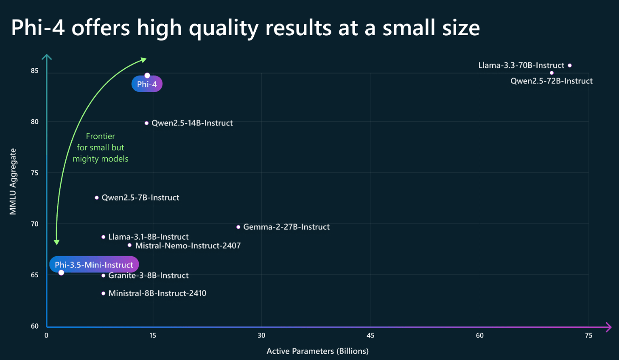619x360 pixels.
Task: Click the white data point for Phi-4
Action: coord(147,75)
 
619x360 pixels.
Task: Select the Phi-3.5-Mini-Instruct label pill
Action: coord(94,265)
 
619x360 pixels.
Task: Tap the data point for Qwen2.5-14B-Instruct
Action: coord(147,123)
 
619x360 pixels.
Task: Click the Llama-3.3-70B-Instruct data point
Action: coord(570,65)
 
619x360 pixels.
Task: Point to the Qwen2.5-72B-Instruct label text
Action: coord(551,81)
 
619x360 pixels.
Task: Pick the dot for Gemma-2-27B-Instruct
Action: coord(238,227)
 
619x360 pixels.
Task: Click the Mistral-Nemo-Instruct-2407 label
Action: coord(188,246)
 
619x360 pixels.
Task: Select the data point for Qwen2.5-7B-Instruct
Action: coord(97,198)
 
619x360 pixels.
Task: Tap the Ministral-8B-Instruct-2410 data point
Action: coord(104,293)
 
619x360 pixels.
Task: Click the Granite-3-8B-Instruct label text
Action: coord(148,276)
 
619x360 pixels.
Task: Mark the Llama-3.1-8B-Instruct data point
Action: coord(104,237)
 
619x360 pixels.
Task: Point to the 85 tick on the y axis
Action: coord(34,71)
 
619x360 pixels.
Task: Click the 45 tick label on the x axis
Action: coord(370,335)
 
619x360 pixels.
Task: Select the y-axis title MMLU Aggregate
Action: coord(13,181)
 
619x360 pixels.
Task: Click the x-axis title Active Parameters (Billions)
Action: coord(317,351)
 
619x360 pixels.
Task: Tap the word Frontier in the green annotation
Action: coord(101,136)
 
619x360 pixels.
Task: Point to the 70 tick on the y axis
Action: coord(34,224)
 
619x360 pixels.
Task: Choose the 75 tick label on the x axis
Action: coord(588,335)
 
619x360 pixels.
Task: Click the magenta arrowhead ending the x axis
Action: coord(608,327)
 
